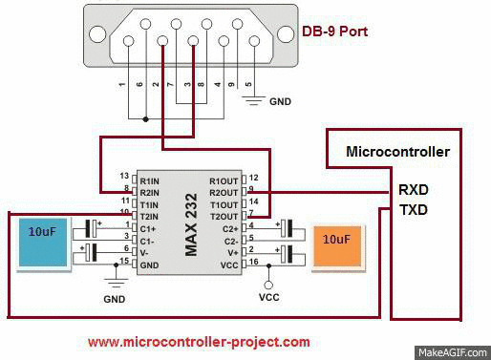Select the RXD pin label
414,189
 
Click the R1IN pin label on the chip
149,179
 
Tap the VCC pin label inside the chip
229,263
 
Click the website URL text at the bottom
199,341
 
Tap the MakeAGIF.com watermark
453,351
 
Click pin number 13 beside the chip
124,177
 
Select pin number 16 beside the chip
253,262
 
